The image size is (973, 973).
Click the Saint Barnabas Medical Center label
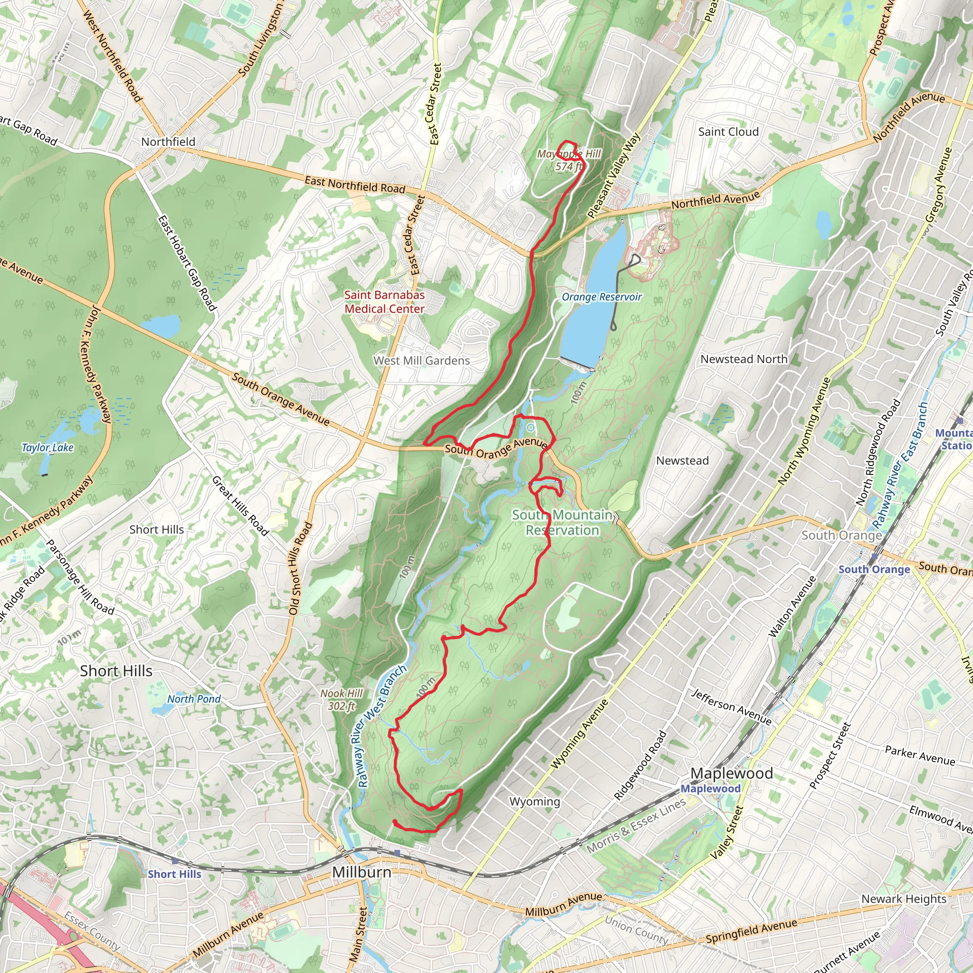(384, 302)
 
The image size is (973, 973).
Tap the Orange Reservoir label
(601, 297)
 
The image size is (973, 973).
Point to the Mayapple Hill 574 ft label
(569, 160)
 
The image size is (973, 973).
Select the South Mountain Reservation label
(562, 522)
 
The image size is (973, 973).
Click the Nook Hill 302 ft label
(342, 699)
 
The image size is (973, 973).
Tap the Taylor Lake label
(48, 447)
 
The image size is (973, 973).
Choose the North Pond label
(194, 699)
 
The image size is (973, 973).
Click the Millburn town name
(362, 872)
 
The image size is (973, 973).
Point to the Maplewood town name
(731, 773)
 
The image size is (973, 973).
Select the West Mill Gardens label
(421, 361)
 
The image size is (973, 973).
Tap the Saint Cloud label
(728, 132)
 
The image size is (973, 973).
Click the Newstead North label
(744, 359)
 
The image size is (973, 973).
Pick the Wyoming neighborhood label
(534, 801)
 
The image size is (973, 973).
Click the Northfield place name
(168, 142)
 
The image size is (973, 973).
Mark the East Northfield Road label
(354, 184)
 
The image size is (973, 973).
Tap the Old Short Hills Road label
(301, 569)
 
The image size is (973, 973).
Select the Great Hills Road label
(240, 505)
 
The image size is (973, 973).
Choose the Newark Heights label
(904, 898)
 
